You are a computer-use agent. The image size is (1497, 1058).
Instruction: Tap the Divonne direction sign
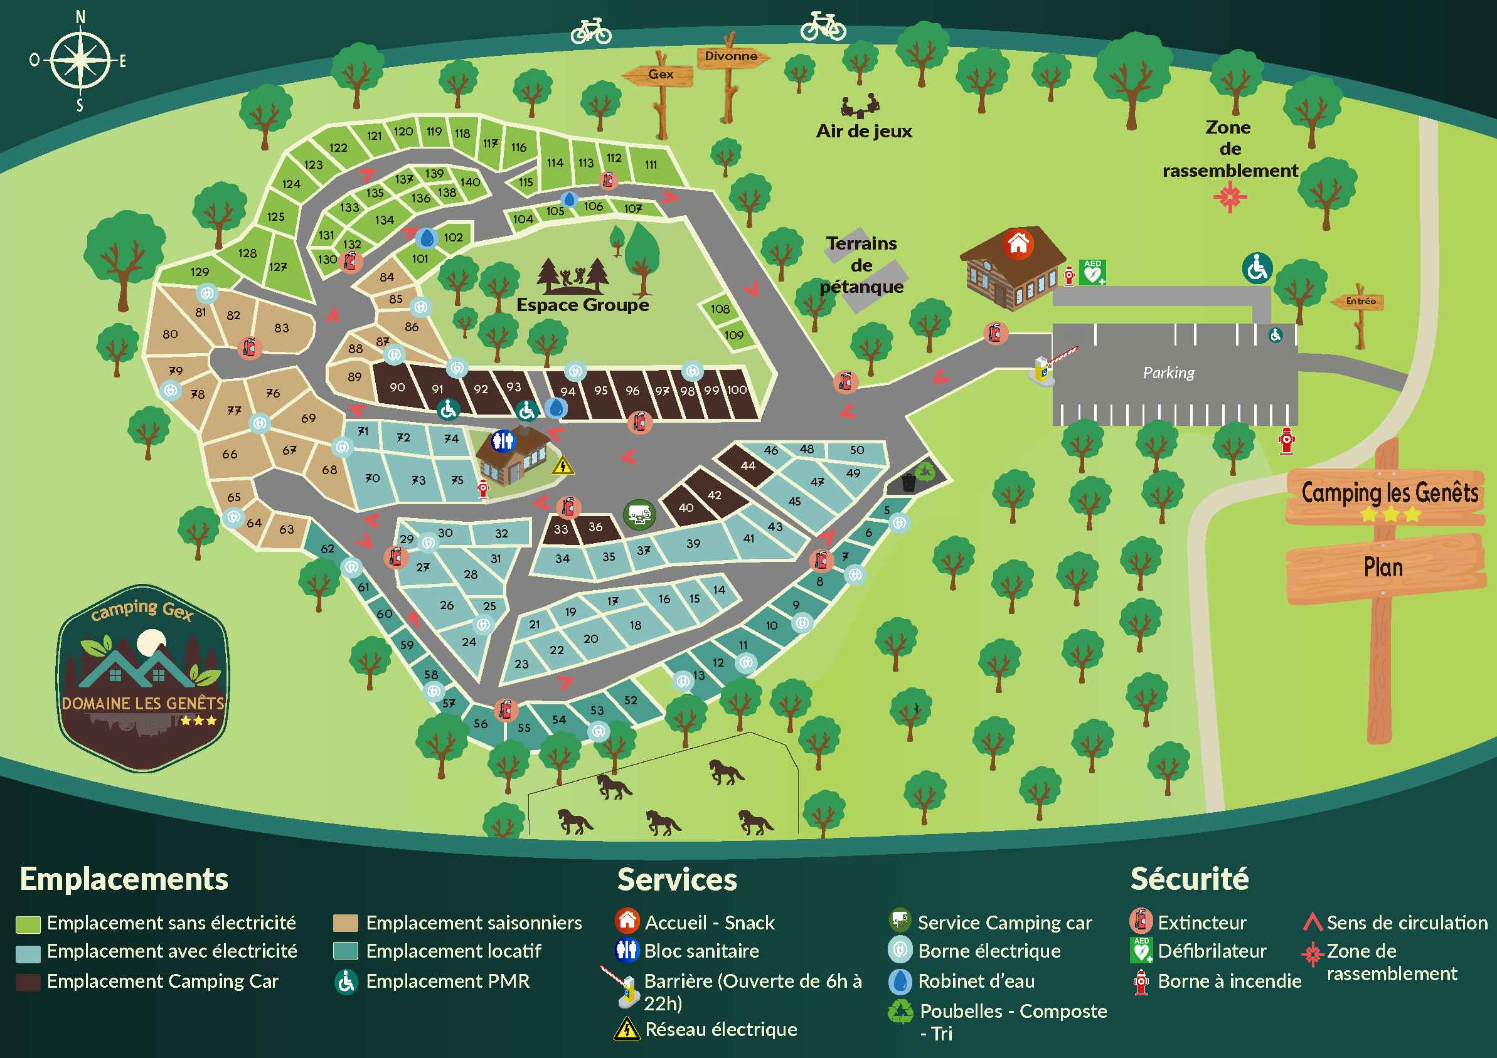[731, 56]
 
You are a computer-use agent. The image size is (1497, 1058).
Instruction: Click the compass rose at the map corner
[80, 60]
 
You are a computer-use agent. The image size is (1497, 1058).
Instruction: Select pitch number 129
[200, 272]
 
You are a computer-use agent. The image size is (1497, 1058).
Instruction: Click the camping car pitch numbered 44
[747, 465]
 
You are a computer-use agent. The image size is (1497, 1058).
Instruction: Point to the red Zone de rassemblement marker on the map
[1230, 197]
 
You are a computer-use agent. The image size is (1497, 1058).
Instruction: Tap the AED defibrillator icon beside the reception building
[1092, 272]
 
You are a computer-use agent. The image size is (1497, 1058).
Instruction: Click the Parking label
[1168, 373]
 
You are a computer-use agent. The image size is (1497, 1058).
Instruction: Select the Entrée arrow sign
[1360, 301]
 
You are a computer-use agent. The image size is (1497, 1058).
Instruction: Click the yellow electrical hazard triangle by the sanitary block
[562, 465]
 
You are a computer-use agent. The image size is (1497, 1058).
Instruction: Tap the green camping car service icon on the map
[639, 515]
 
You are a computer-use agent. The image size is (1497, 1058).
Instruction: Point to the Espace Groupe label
[582, 305]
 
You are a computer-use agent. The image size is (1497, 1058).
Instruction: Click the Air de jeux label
[863, 132]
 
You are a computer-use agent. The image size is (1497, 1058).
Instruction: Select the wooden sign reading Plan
[1383, 567]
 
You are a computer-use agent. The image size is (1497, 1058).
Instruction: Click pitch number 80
[170, 334]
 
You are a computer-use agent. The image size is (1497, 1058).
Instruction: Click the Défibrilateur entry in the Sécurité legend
[1212, 951]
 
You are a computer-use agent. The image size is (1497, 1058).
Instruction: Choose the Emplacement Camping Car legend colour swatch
[28, 981]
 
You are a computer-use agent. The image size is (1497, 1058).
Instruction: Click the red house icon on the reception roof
[1018, 245]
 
